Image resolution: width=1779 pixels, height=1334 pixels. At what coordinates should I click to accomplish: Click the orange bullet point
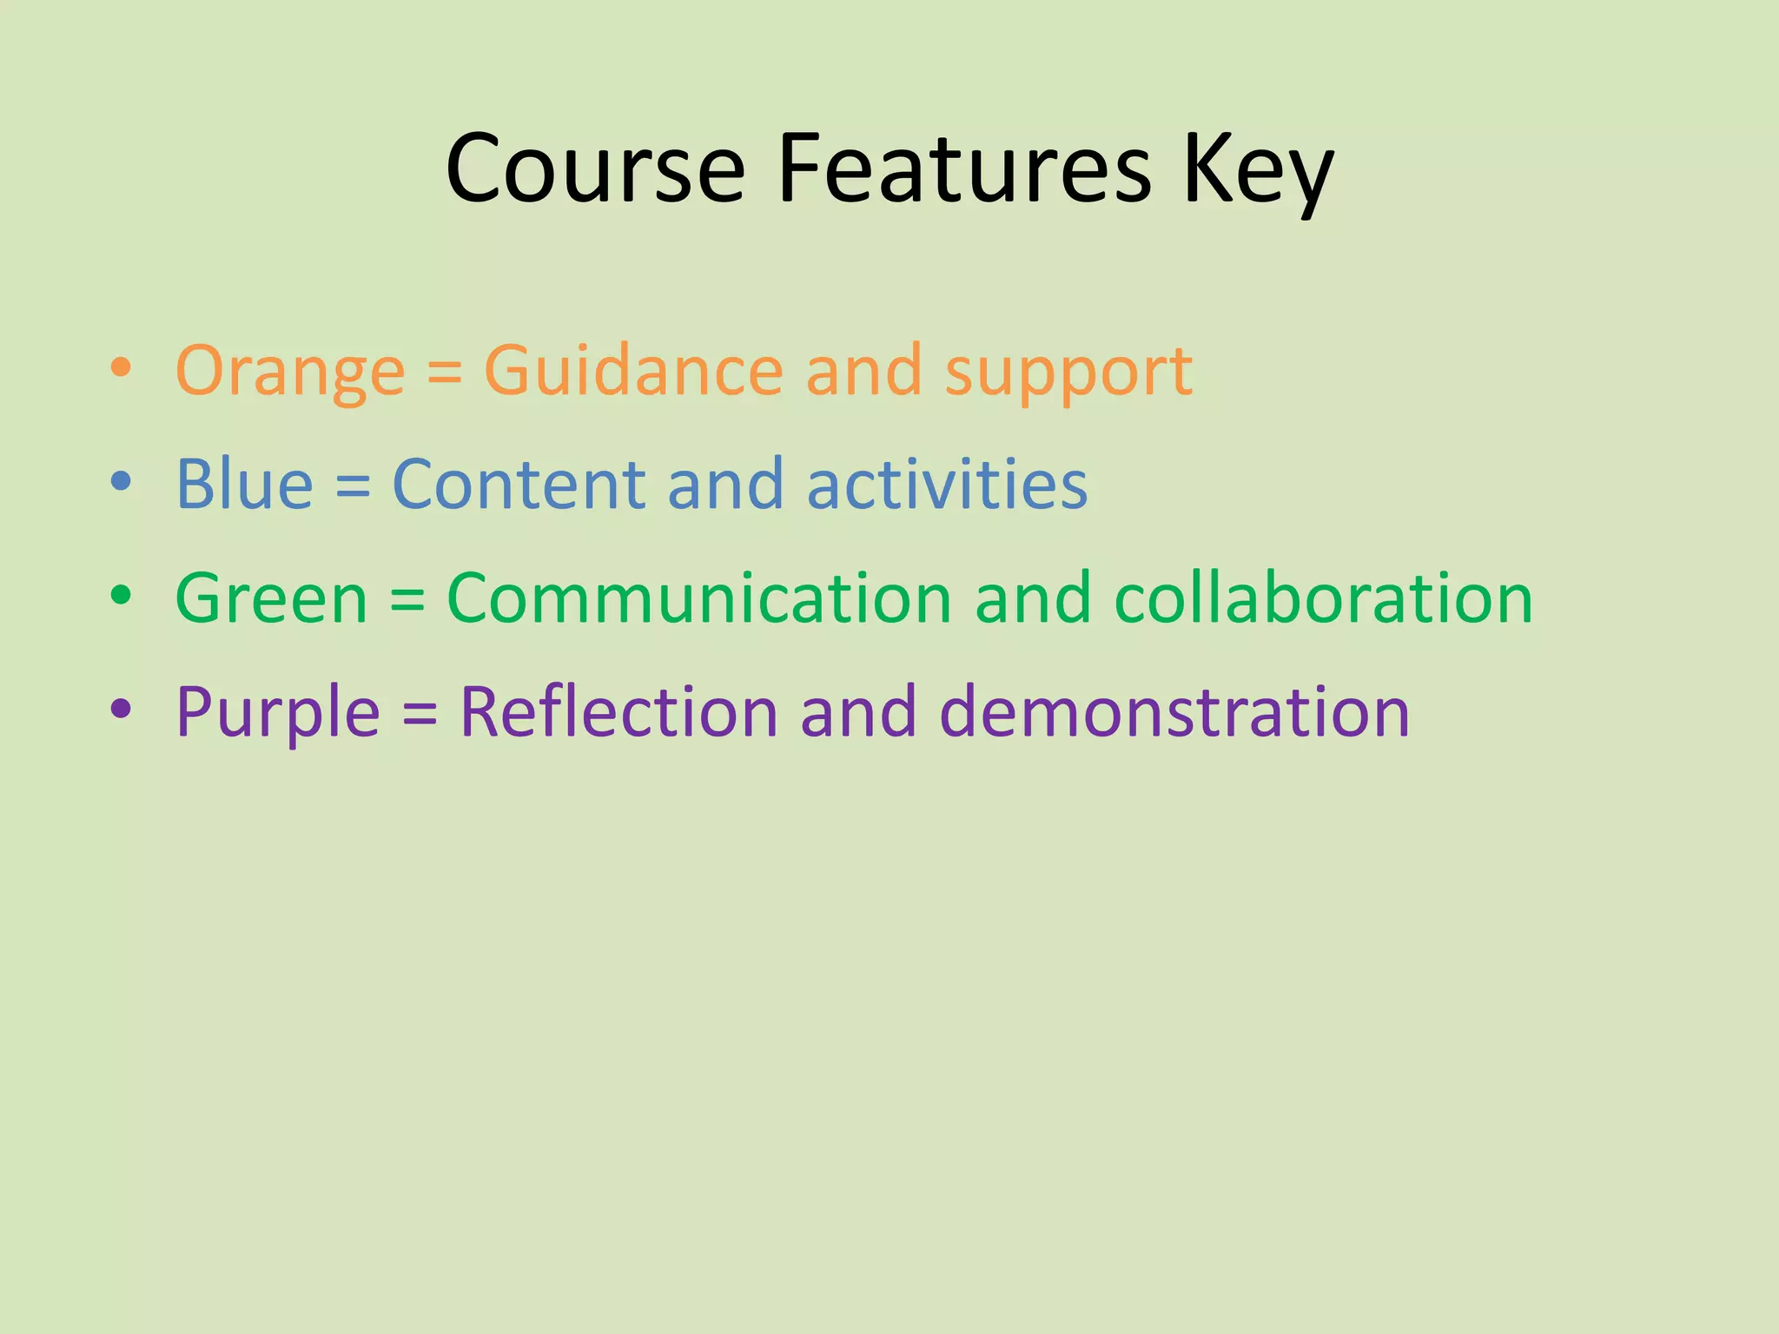121,368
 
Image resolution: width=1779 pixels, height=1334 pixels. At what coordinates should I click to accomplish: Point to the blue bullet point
121,482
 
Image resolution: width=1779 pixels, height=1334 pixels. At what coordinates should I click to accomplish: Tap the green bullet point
121,596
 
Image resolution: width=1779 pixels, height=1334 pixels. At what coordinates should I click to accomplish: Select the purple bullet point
121,710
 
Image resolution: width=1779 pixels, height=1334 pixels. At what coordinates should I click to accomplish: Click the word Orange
290,372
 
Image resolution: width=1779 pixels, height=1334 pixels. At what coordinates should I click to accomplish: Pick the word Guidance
633,370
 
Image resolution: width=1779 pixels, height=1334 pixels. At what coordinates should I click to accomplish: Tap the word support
1068,373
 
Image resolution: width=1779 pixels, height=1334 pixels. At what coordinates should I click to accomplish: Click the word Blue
244,484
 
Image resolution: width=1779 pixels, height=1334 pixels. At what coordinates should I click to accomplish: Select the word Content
519,484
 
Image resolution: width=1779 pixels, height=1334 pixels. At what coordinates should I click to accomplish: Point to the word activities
947,484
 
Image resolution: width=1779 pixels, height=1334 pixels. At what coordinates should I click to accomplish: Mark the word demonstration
1174,711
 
